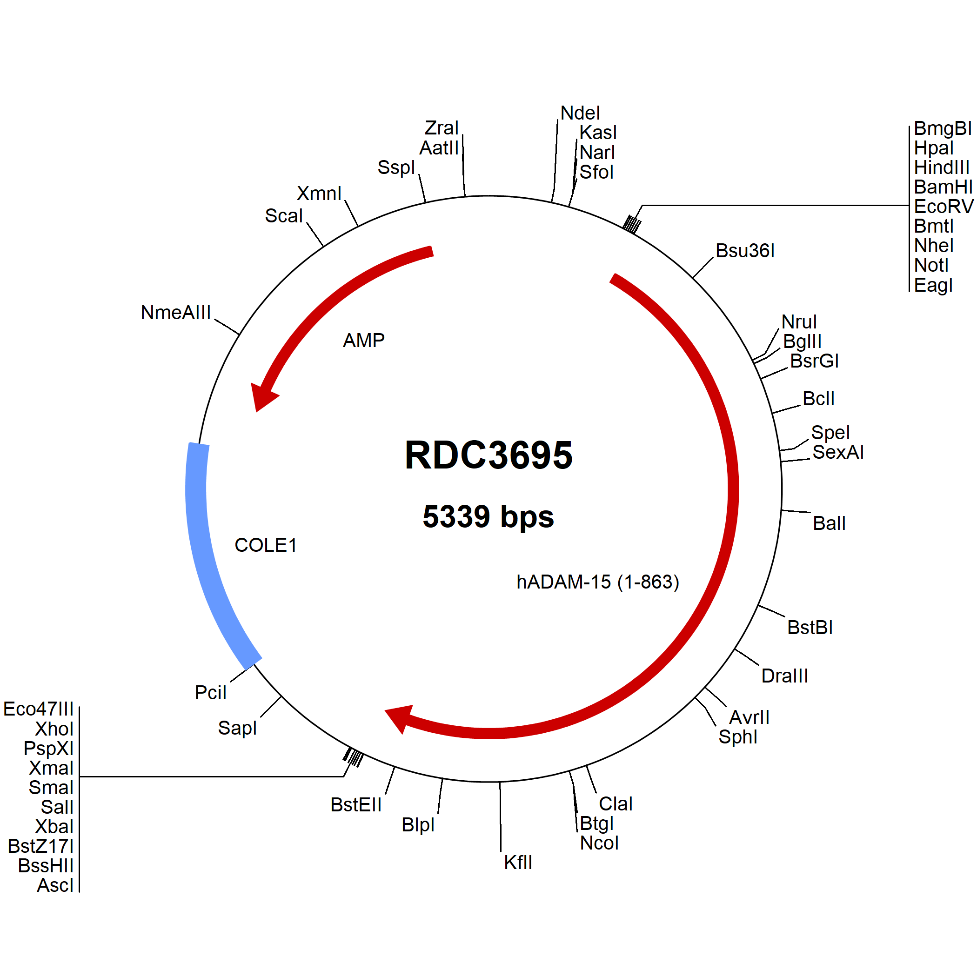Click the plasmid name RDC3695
click(488, 455)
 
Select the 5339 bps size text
click(488, 517)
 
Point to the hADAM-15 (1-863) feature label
click(598, 582)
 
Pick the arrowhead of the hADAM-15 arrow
click(400, 718)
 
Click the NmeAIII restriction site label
click(175, 313)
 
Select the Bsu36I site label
click(745, 251)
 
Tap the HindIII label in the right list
click(942, 167)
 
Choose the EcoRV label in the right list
click(944, 206)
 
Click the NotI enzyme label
click(931, 265)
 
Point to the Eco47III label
click(39, 709)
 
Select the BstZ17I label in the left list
click(41, 846)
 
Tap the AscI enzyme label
click(55, 885)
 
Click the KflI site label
click(518, 863)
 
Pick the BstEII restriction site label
click(356, 805)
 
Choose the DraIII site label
click(785, 676)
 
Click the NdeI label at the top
click(580, 113)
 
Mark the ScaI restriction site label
click(284, 216)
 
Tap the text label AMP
click(364, 341)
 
